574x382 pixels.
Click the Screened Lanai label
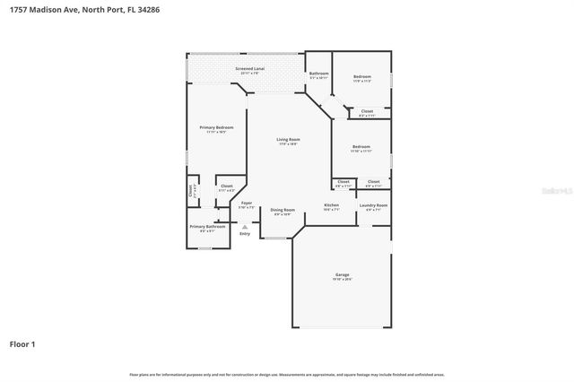pyautogui.click(x=249, y=68)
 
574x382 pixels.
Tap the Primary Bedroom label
pyautogui.click(x=216, y=127)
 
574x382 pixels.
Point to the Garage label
pyautogui.click(x=342, y=274)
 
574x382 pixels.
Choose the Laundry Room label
pyautogui.click(x=374, y=205)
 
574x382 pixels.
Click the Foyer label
pyautogui.click(x=247, y=204)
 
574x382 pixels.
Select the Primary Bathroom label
pyautogui.click(x=207, y=226)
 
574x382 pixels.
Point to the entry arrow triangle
pyautogui.click(x=245, y=226)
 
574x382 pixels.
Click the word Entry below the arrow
pyautogui.click(x=245, y=234)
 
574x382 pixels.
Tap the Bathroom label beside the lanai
pyautogui.click(x=318, y=74)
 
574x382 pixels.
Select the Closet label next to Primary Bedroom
pyautogui.click(x=226, y=186)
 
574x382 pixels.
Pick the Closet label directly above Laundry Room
pyautogui.click(x=373, y=181)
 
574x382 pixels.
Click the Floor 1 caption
pyautogui.click(x=22, y=343)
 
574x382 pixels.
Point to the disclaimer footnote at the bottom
pyautogui.click(x=287, y=374)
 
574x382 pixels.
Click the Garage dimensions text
pyautogui.click(x=342, y=280)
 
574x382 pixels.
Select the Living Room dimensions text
pyautogui.click(x=287, y=144)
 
